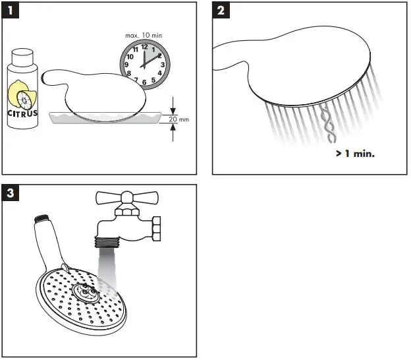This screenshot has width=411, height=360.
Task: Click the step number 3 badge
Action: [x=9, y=193]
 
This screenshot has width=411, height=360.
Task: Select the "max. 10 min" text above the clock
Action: [x=145, y=34]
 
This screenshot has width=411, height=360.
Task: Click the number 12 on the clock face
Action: [x=144, y=47]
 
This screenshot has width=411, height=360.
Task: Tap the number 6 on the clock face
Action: [x=144, y=82]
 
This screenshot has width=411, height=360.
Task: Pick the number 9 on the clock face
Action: [x=128, y=65]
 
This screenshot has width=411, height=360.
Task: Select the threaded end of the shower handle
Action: [x=42, y=218]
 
